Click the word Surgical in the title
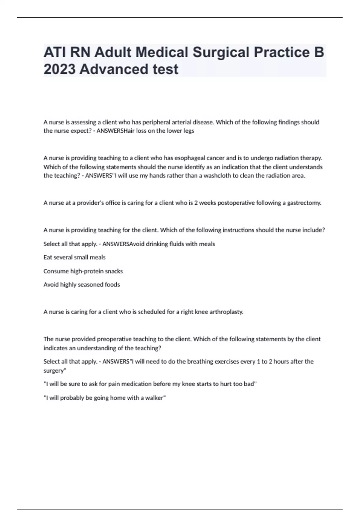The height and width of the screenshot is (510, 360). click(221, 52)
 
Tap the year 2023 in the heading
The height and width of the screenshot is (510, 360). click(59, 69)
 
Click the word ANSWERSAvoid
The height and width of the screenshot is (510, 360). click(123, 244)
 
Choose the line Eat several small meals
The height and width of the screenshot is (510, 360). click(74, 257)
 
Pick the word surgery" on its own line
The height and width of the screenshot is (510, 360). click(55, 371)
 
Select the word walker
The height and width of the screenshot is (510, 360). click(155, 398)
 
